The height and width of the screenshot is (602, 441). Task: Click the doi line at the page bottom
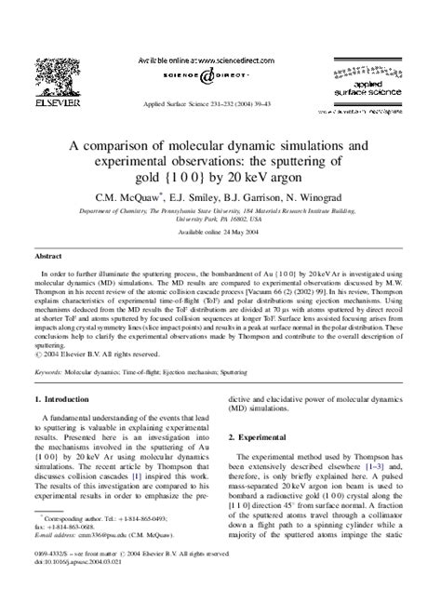(x=83, y=589)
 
